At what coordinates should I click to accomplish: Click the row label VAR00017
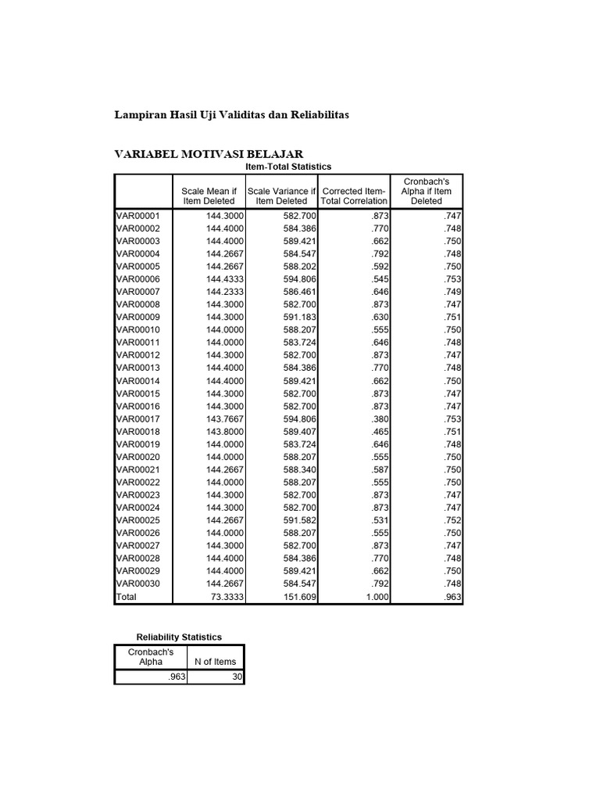137,418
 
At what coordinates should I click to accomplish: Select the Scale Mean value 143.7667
225,418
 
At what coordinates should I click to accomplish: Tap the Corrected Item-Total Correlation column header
355,196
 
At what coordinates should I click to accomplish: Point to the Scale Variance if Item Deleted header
280,196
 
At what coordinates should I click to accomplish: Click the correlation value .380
378,418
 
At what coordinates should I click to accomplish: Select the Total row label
126,597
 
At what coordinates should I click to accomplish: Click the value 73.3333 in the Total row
227,597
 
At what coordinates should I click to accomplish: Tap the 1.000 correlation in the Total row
376,597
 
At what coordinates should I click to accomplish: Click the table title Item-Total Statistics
289,167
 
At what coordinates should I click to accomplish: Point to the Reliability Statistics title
179,638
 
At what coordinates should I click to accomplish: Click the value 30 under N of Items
236,678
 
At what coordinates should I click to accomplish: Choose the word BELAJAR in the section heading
274,153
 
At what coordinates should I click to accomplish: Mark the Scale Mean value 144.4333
225,279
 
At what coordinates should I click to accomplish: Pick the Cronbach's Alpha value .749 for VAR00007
452,292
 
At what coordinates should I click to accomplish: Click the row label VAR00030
137,584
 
